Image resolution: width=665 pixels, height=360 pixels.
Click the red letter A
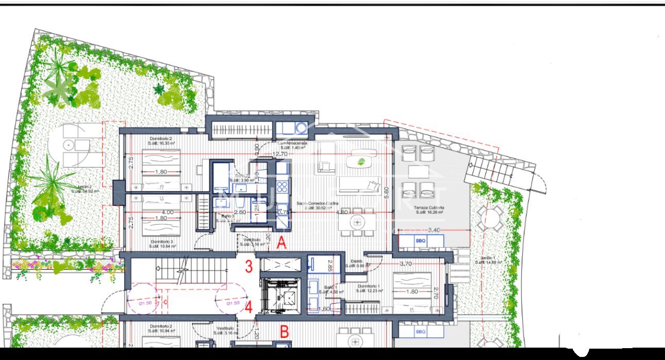[x=281, y=243]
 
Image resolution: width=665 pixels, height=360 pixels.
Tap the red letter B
[x=284, y=332]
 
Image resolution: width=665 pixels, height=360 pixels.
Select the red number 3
[x=248, y=267]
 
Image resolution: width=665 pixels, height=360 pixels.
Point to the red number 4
[x=248, y=307]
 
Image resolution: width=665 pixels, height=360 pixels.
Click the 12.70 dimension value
[x=280, y=154]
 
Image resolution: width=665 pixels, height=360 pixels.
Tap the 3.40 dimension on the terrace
[x=434, y=230]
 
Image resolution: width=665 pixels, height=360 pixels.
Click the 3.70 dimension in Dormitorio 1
[x=406, y=264]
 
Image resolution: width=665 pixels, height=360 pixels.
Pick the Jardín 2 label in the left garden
[x=85, y=188]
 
